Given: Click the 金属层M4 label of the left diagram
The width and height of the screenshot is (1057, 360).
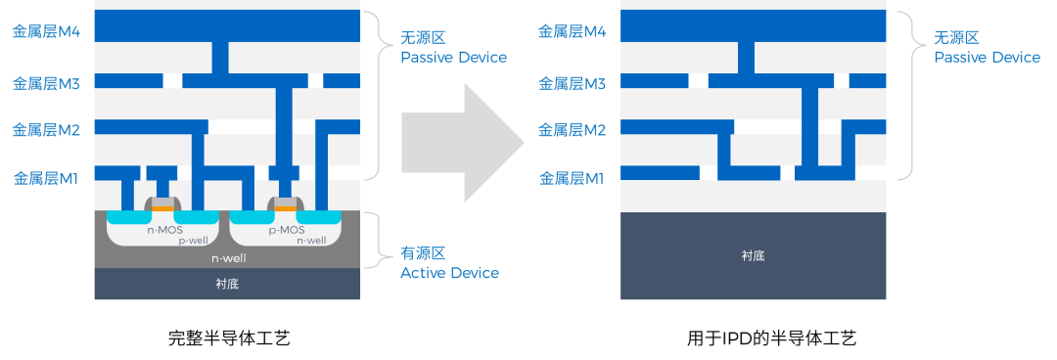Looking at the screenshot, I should click(46, 31).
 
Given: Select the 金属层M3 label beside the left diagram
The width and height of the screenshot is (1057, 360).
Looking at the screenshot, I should click(46, 83).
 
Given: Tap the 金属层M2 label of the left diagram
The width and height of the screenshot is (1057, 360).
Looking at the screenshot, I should click(46, 129).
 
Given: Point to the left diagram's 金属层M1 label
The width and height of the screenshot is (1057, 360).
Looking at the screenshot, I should click(46, 178).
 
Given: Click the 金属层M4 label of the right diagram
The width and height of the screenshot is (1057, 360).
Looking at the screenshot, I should click(573, 31).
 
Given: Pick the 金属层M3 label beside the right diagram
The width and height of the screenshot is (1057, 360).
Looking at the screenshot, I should click(573, 83).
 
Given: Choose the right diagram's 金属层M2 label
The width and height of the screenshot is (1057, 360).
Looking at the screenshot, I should click(573, 129).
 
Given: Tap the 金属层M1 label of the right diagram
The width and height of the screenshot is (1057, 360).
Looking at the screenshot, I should click(573, 178).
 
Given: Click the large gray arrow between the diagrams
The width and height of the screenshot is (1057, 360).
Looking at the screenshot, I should click(460, 143).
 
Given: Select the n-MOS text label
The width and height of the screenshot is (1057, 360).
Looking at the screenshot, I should click(163, 231).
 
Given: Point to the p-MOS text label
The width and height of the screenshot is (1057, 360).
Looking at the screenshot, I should click(287, 231).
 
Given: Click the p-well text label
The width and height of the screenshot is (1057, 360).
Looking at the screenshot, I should click(192, 241).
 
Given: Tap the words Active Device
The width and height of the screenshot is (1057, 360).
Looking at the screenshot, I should click(449, 273).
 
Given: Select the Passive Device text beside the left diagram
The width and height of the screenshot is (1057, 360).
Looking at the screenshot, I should click(453, 58).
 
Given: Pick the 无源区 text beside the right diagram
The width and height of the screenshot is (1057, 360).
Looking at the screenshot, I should click(956, 37).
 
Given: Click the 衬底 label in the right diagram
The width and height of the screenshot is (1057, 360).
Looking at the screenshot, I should click(753, 256).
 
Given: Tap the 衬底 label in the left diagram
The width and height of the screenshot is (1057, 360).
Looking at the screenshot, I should click(227, 285).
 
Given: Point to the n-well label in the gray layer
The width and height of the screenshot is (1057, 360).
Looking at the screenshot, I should click(227, 258).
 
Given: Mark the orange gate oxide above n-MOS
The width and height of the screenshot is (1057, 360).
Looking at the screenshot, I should click(162, 208).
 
